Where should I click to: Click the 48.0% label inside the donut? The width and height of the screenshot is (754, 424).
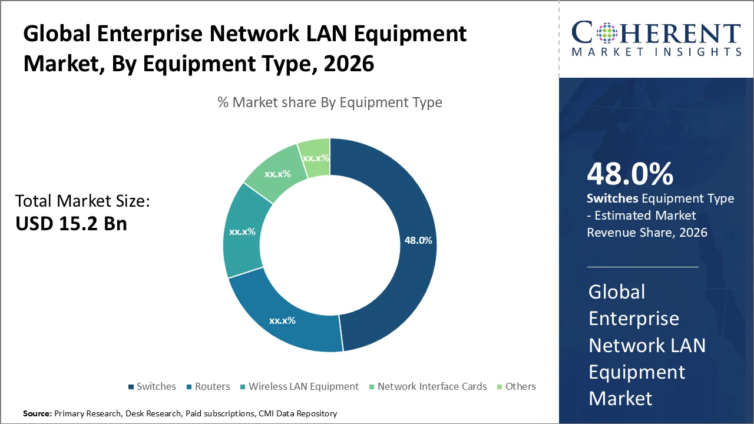pos(418,240)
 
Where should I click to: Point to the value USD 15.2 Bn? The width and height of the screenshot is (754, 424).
pos(71,224)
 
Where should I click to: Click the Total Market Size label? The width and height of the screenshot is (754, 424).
pos(82,201)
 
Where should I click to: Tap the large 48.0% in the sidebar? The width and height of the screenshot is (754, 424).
pos(630,174)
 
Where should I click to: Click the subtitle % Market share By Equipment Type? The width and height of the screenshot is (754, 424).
pos(330,102)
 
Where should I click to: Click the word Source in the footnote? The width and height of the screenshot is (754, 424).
pos(37,413)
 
